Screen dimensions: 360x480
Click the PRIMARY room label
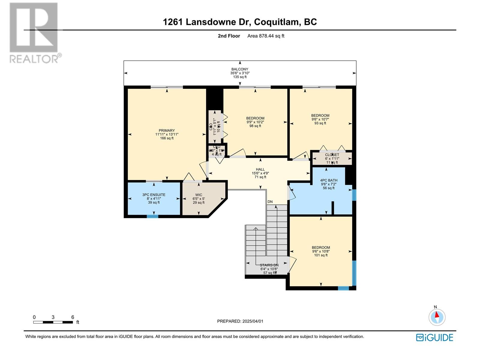[x=166, y=130]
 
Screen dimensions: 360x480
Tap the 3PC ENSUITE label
[x=154, y=195]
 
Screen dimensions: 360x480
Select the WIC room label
[x=199, y=195]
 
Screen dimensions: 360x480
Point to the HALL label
[x=260, y=169]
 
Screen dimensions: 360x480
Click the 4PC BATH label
[x=328, y=181]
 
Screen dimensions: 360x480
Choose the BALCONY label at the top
[x=240, y=69]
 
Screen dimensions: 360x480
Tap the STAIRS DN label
[x=269, y=265]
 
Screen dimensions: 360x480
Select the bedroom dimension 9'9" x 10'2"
[x=255, y=122]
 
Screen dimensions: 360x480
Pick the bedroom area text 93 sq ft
[x=320, y=123]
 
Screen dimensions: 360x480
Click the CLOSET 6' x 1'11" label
[x=332, y=155]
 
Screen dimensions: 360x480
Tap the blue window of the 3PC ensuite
[x=152, y=216]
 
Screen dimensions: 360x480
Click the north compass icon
[x=437, y=317]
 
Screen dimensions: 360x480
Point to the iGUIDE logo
[x=434, y=337]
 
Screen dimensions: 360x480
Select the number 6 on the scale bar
[x=73, y=317]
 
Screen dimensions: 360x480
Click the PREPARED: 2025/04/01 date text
[x=240, y=321]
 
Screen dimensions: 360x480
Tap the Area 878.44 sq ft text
[x=265, y=36]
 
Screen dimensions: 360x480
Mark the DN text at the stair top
[x=270, y=202]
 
